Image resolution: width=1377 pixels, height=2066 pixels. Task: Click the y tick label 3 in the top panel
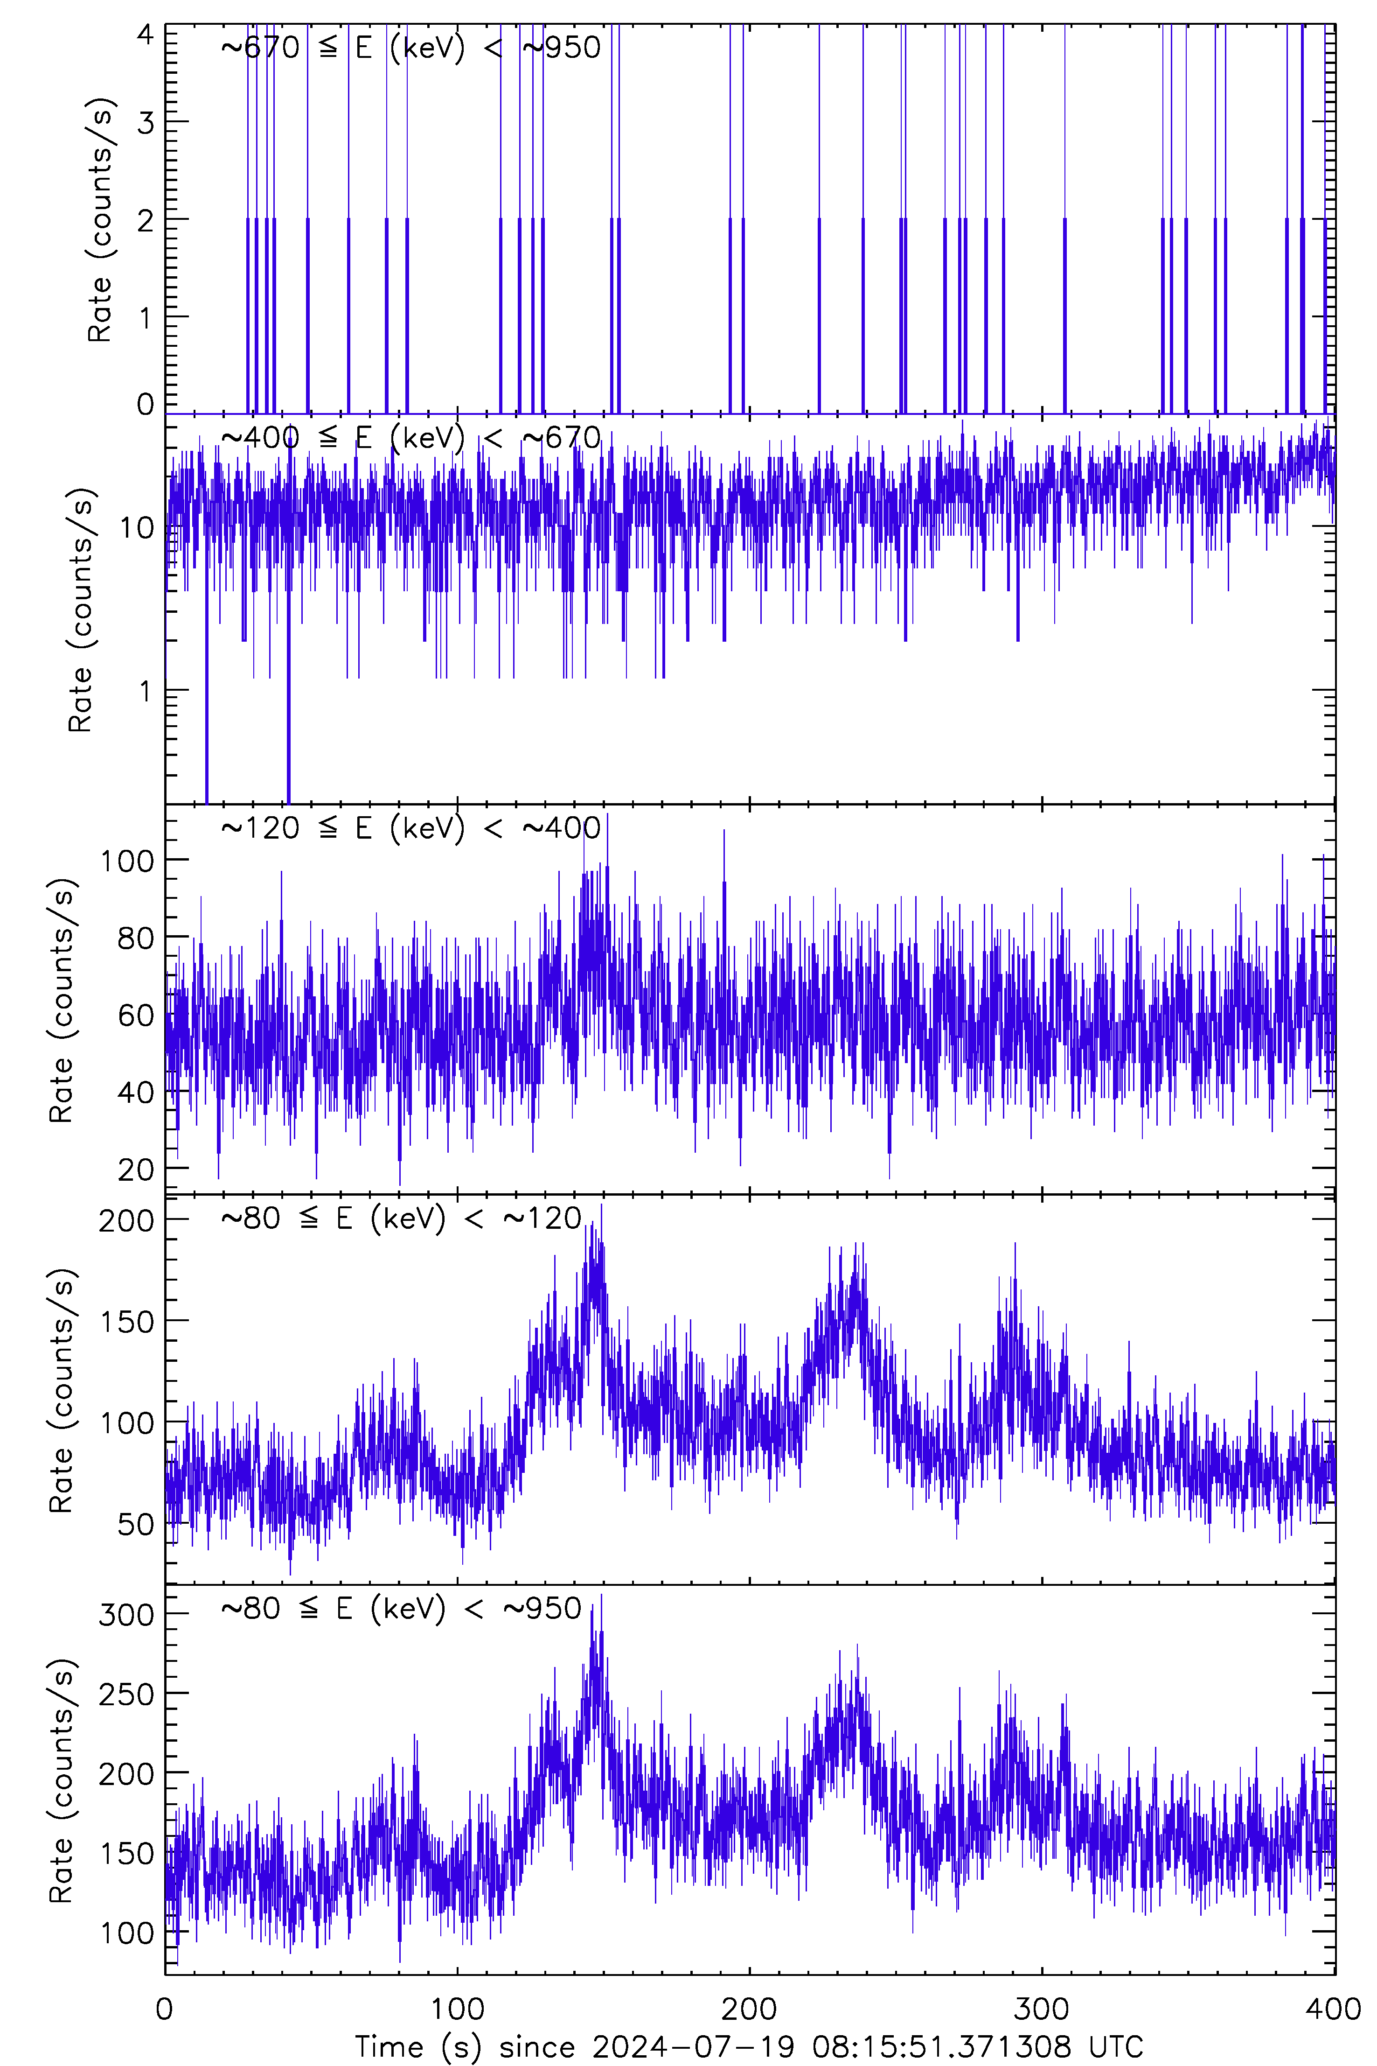[x=145, y=122]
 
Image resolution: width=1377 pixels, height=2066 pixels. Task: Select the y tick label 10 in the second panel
[x=136, y=528]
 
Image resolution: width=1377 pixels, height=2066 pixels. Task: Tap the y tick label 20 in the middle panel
[x=136, y=1170]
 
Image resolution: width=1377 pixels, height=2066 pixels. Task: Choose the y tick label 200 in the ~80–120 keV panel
[x=126, y=1220]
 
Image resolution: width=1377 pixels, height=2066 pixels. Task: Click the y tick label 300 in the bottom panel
[x=126, y=1614]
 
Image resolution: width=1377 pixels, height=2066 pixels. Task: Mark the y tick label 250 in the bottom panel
[x=126, y=1694]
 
